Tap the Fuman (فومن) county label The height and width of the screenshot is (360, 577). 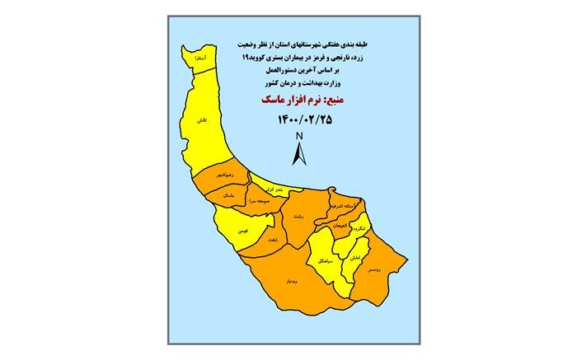coord(243,232)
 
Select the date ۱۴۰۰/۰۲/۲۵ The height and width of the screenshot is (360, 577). coord(298,120)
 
